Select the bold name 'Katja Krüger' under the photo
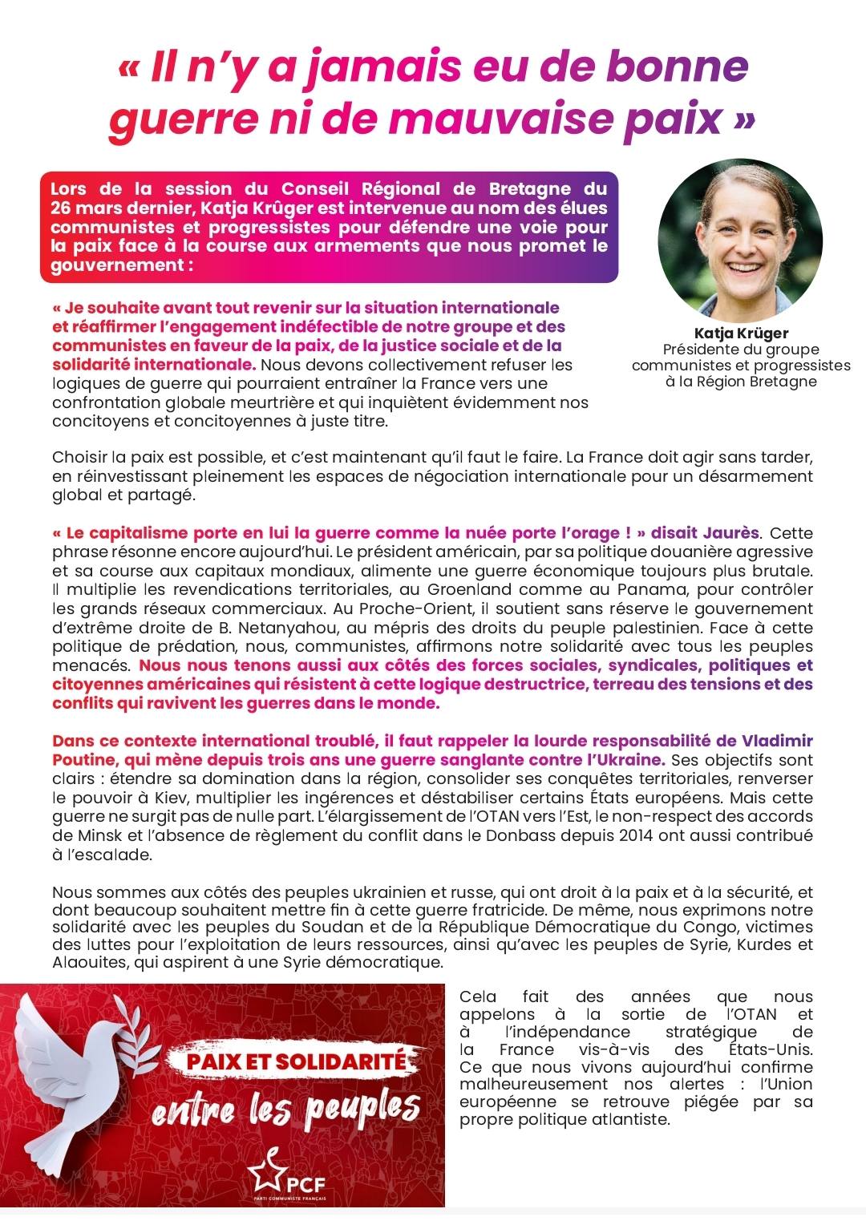click(741, 334)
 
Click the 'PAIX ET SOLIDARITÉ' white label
click(297, 1061)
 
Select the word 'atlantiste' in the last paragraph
click(629, 1119)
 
